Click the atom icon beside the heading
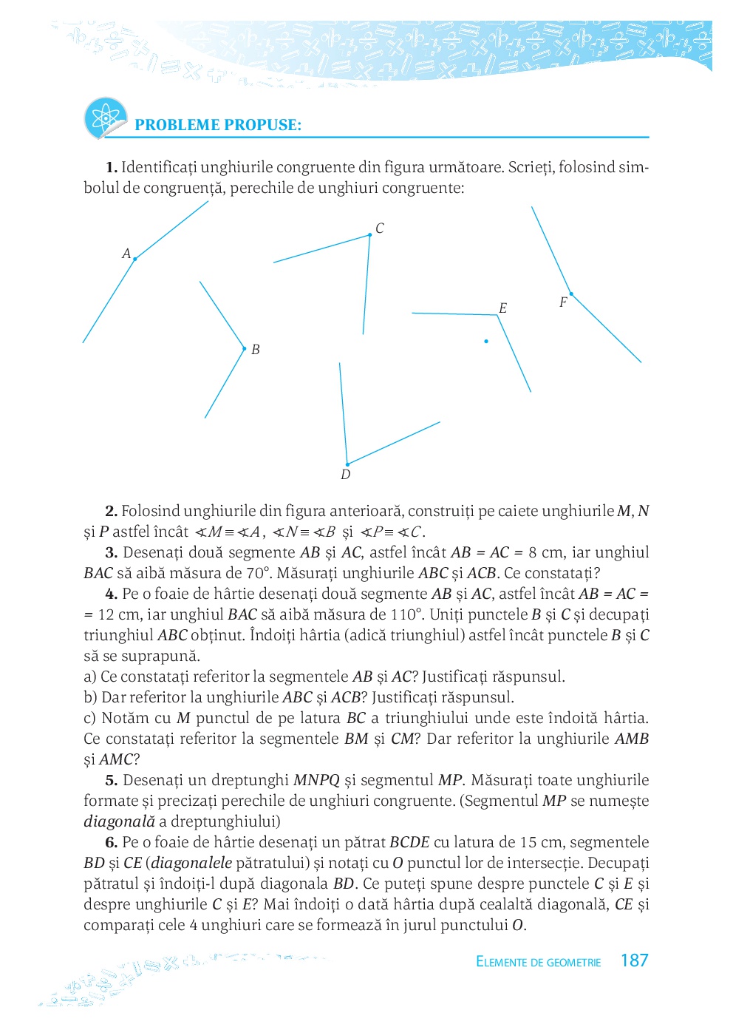click(x=106, y=118)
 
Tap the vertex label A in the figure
click(x=126, y=254)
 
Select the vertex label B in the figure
click(x=256, y=350)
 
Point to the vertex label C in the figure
click(x=380, y=228)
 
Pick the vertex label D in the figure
click(x=346, y=475)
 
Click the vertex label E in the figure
click(x=503, y=308)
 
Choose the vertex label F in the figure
click(x=563, y=302)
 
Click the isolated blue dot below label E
click(x=486, y=342)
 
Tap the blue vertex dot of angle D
click(x=347, y=464)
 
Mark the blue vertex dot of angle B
click(x=245, y=348)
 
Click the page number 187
click(x=634, y=960)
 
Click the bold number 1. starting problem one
click(x=112, y=167)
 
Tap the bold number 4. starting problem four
click(x=112, y=594)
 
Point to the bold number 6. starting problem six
click(x=112, y=842)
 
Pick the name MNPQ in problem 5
click(x=316, y=780)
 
